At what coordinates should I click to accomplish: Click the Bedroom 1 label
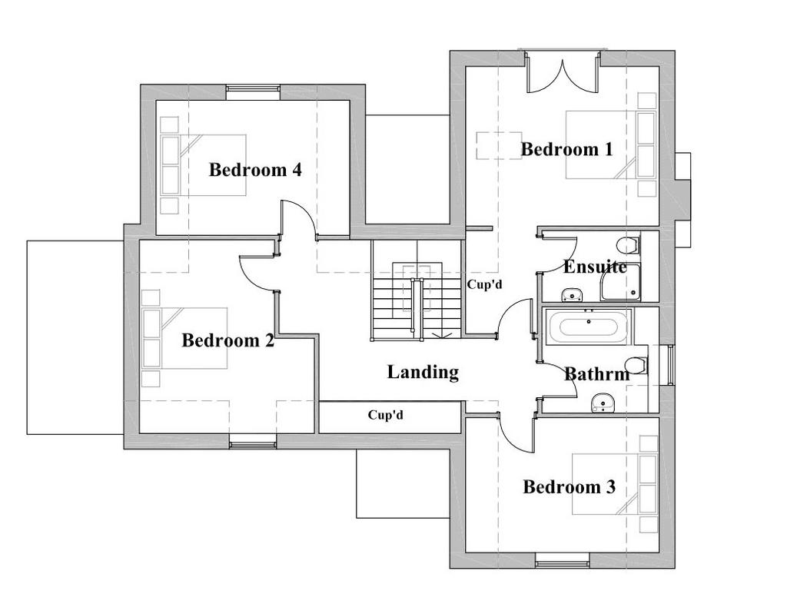click(566, 149)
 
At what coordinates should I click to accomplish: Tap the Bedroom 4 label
click(255, 170)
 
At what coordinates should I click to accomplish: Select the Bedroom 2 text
click(227, 340)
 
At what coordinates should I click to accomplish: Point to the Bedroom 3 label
click(569, 486)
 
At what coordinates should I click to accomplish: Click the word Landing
click(423, 372)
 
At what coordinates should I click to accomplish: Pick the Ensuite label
click(596, 267)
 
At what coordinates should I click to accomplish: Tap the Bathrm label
click(596, 373)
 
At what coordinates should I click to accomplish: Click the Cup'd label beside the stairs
click(484, 284)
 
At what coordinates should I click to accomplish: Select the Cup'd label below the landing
click(386, 416)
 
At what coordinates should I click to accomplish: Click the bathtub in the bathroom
click(588, 327)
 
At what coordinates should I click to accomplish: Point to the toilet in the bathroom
click(638, 365)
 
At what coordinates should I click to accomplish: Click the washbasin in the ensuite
click(571, 294)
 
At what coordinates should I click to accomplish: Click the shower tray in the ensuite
click(621, 282)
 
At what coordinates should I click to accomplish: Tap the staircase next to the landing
click(416, 290)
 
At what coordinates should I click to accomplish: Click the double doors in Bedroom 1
click(563, 75)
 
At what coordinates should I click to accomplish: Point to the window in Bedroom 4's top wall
click(252, 89)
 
